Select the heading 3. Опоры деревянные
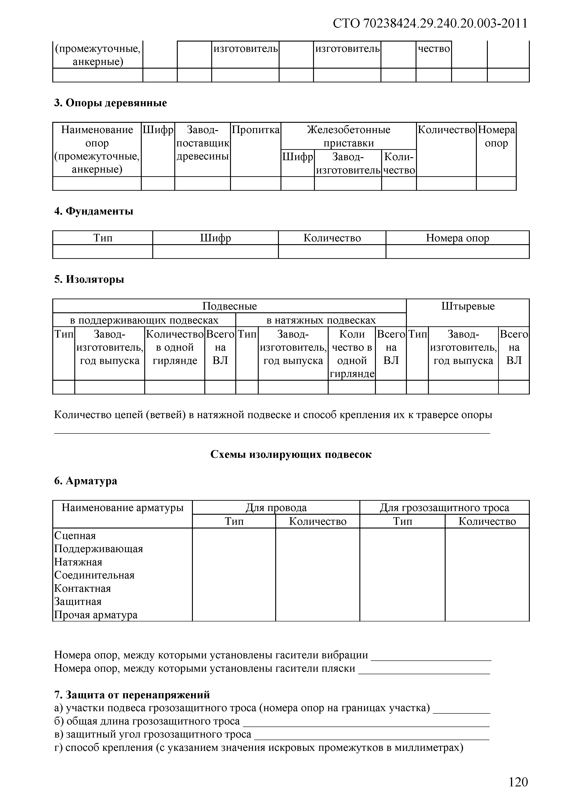tap(110, 103)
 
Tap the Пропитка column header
tap(255, 130)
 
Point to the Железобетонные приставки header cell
tap(349, 136)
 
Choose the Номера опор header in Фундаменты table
tap(457, 238)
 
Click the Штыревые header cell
tap(468, 306)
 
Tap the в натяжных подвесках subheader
tap(321, 320)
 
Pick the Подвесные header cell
tap(230, 306)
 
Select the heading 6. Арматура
tap(86, 481)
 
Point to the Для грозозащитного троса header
tap(444, 508)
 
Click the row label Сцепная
tap(75, 536)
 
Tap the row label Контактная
tap(83, 588)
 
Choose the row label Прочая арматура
tap(96, 615)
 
